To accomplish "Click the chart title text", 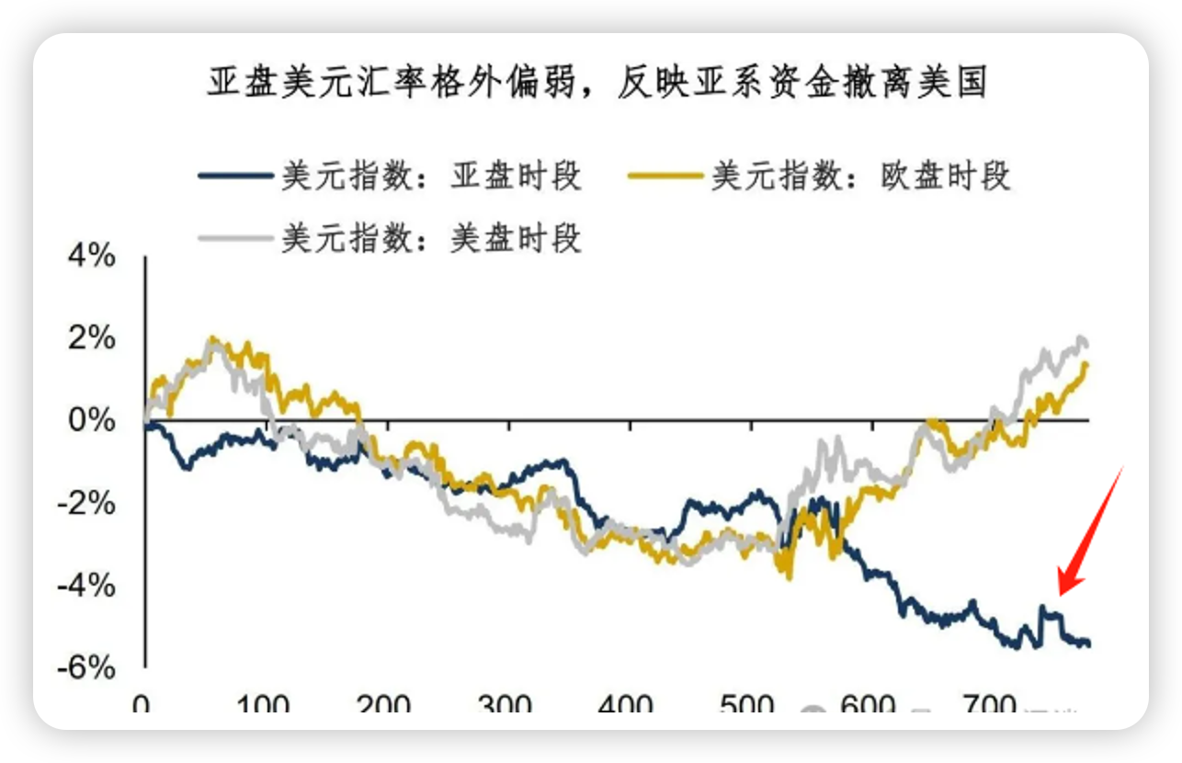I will (x=597, y=84).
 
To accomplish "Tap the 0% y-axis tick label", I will (x=94, y=421).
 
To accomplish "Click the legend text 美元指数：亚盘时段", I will (x=431, y=176).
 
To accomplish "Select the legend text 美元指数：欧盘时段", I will (x=860, y=176).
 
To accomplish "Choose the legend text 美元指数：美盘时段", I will (x=431, y=238).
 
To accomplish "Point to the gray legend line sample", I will (x=236, y=239).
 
